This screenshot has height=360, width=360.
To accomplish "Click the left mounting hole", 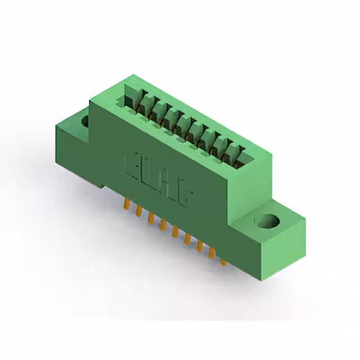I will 85,120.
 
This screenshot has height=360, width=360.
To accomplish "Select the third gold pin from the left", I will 150,217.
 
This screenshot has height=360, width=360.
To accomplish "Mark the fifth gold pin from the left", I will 175,231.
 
